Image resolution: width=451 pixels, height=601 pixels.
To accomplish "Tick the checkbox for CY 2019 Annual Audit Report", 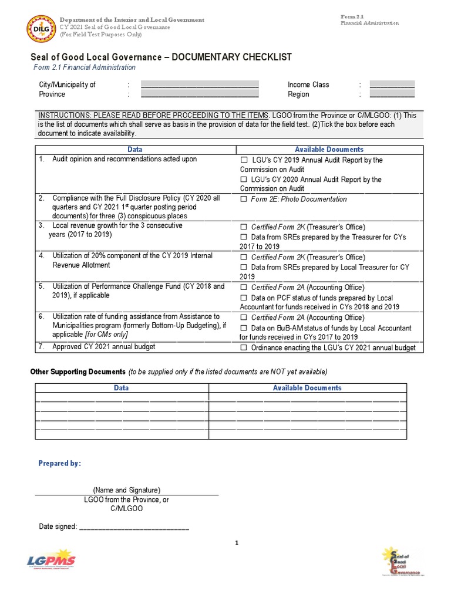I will pos(244,160).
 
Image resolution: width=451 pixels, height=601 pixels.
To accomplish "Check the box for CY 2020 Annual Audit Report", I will pos(244,180).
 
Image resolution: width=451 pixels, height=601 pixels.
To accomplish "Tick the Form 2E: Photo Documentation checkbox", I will pos(244,200).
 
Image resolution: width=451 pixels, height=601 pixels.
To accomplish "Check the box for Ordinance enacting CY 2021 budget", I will pos(244,348).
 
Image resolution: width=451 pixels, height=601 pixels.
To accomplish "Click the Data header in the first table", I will pos(135,150).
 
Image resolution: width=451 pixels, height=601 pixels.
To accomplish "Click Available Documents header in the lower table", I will pos(307,388).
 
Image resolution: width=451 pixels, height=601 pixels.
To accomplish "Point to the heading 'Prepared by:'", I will pos(60,464).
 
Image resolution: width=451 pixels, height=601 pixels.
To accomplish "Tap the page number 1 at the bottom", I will pos(236,543).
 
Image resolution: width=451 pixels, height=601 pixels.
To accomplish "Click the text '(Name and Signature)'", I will pos(126,490).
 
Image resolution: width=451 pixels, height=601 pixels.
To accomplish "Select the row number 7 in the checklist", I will pos(42,347).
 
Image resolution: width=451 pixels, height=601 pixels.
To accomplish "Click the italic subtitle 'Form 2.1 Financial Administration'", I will pos(84,67).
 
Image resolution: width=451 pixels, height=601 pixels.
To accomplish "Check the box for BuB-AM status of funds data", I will pos(244,329).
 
